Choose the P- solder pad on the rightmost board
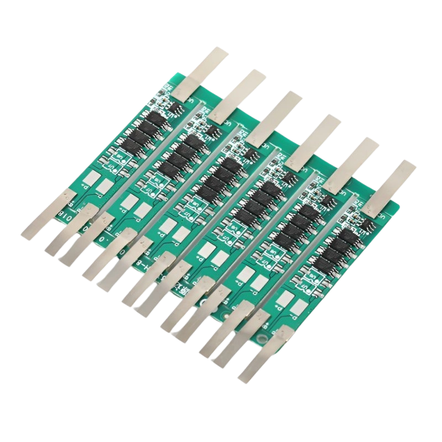coord(286,299)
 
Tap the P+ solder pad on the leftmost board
coord(105,187)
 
